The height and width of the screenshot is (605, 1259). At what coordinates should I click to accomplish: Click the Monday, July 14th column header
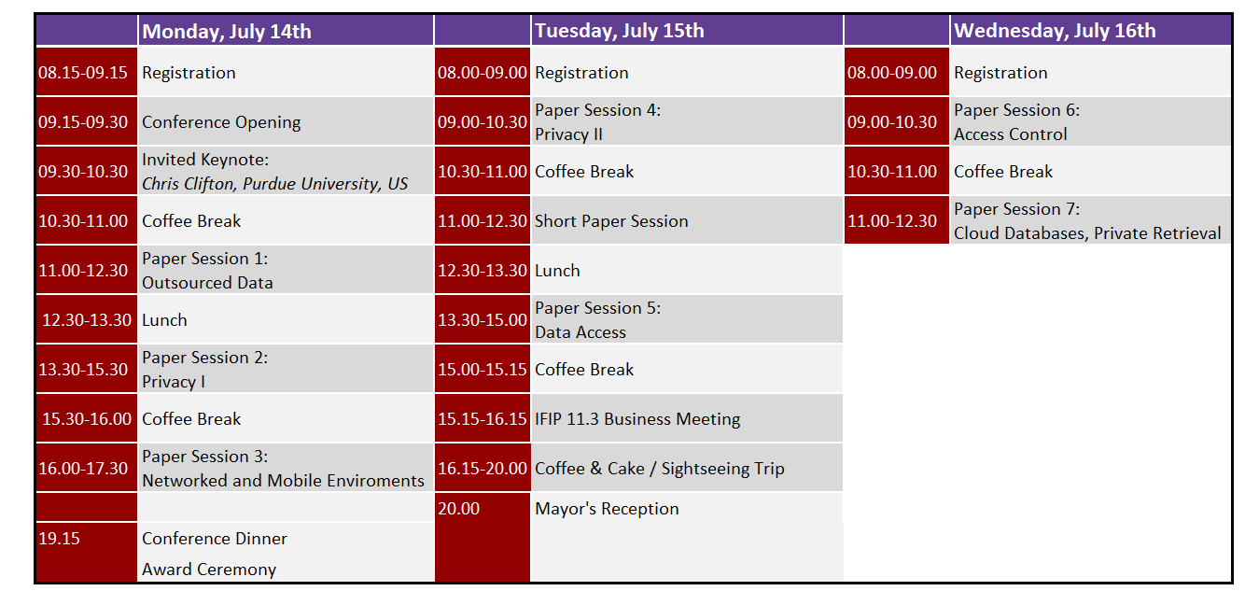click(227, 31)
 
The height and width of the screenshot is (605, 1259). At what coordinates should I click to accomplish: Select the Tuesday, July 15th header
click(619, 31)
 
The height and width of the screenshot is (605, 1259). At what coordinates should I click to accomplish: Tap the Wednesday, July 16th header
click(1055, 31)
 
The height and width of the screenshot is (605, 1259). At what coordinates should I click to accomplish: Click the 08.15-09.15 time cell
click(83, 73)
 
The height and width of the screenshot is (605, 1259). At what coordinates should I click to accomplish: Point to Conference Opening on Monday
click(221, 122)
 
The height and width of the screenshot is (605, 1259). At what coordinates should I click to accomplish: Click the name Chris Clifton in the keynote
click(189, 184)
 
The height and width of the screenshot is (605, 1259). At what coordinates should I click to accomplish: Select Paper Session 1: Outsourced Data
click(207, 271)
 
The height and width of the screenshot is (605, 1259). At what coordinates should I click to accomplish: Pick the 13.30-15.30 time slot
click(83, 370)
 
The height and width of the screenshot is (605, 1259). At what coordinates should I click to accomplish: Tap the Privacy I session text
click(174, 382)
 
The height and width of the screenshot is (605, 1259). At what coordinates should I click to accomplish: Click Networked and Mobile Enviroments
click(284, 481)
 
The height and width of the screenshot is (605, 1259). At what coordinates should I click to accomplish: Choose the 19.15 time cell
click(59, 539)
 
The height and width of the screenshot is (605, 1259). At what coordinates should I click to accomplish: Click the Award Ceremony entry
click(209, 570)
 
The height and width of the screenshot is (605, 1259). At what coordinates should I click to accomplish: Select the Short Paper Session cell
click(611, 221)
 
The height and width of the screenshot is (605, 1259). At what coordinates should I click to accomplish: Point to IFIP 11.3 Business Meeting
click(637, 419)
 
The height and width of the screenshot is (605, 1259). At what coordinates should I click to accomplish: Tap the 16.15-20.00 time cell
click(483, 469)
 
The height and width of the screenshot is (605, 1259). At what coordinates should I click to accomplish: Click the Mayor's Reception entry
click(607, 509)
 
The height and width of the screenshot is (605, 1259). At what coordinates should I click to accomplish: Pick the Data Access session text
click(581, 332)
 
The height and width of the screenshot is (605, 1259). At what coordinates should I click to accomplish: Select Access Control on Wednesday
click(1010, 134)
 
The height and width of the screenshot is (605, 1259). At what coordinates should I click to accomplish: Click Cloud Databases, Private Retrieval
click(1087, 233)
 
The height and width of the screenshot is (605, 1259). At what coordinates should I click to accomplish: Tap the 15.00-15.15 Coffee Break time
click(483, 370)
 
